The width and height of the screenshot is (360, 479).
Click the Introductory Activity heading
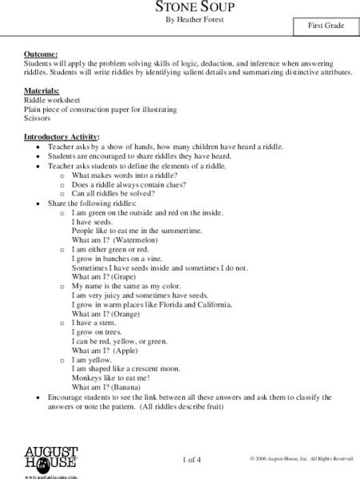[62, 136]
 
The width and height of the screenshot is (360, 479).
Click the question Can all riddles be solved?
[115, 193]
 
